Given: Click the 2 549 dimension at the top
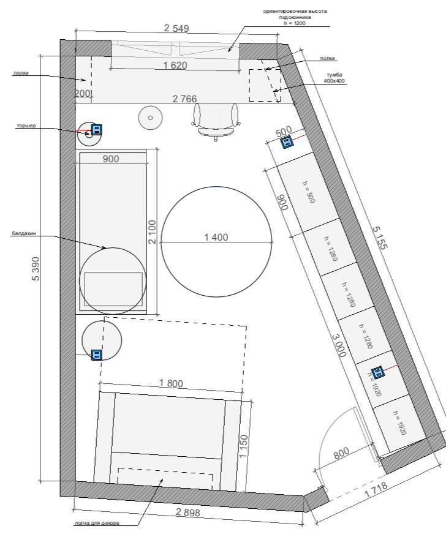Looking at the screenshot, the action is click(x=176, y=28).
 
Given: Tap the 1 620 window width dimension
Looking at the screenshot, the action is click(x=175, y=65).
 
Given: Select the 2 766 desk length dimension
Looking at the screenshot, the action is click(x=184, y=99).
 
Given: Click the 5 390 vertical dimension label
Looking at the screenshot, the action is click(x=36, y=269).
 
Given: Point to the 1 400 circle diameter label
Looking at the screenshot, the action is click(x=216, y=237).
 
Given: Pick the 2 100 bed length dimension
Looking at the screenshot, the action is click(x=152, y=232).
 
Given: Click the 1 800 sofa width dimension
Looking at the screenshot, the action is click(x=171, y=383).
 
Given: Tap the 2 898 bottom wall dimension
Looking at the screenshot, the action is click(x=187, y=513).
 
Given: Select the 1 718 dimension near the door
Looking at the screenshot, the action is click(x=376, y=490).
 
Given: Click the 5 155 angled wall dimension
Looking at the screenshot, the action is click(x=380, y=238).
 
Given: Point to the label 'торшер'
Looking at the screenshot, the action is click(x=26, y=126).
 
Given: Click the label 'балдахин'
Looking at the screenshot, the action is click(x=24, y=233).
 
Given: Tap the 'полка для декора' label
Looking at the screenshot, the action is click(x=97, y=523).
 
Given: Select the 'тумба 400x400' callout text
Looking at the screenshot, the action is click(x=334, y=78).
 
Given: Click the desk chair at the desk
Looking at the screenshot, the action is click(x=216, y=122).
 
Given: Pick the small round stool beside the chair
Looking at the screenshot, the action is click(x=150, y=118).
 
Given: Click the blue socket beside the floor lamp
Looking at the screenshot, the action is click(x=96, y=129).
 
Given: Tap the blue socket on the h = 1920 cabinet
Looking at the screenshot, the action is click(x=377, y=372).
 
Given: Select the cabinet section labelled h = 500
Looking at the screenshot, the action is click(x=308, y=192).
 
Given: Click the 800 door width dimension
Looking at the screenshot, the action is click(x=341, y=453).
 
